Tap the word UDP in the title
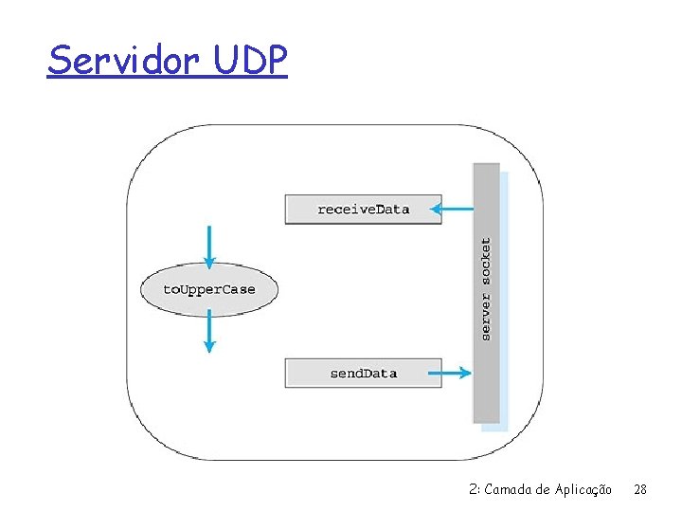pyautogui.click(x=250, y=62)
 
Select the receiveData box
pyautogui.click(x=363, y=209)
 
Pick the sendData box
pyautogui.click(x=363, y=373)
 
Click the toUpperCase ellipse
pyautogui.click(x=209, y=289)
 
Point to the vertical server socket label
pyautogui.click(x=486, y=289)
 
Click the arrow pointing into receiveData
pyautogui.click(x=458, y=209)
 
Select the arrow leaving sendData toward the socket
pyautogui.click(x=457, y=373)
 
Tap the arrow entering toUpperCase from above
pyautogui.click(x=209, y=246)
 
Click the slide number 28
pyautogui.click(x=640, y=489)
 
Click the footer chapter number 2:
pyautogui.click(x=475, y=489)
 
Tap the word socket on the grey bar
pyautogui.click(x=486, y=262)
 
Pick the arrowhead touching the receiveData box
pyautogui.click(x=434, y=209)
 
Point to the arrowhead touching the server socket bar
pyautogui.click(x=465, y=373)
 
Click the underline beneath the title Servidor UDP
pyautogui.click(x=167, y=78)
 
